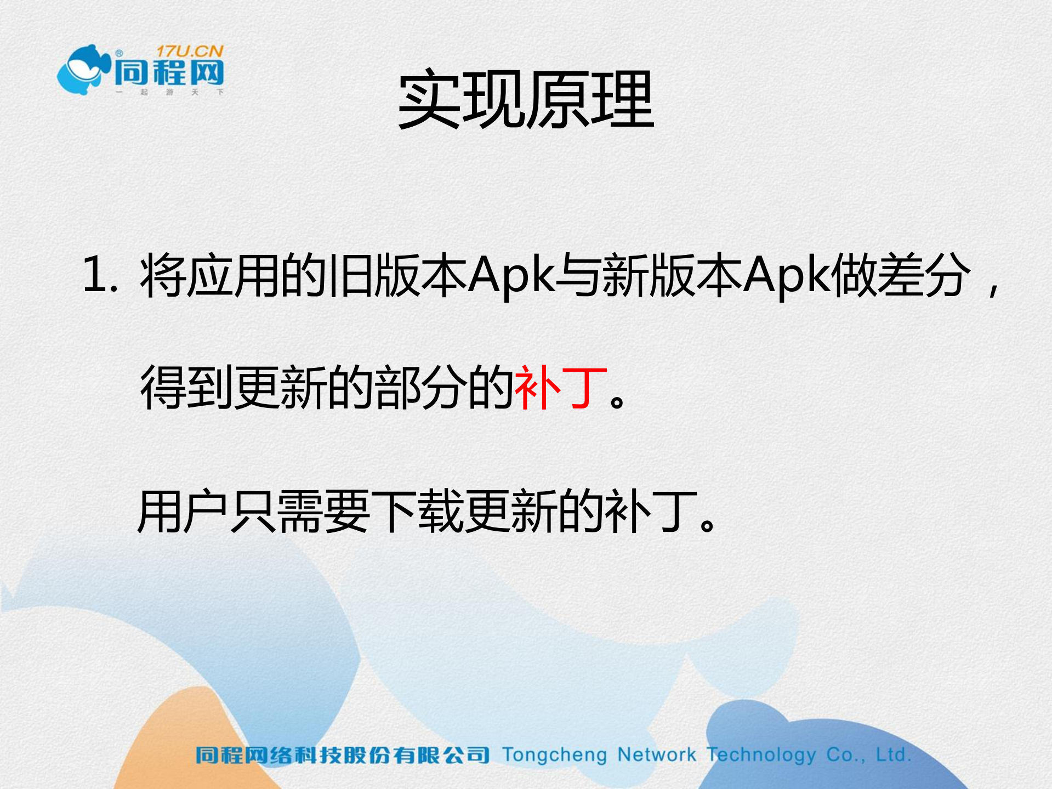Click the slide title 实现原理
pos(526,100)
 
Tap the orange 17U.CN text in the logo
pos(190,52)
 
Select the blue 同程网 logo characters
pos(169,73)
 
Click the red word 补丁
pos(561,388)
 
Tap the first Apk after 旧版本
pos(511,275)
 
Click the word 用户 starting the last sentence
pos(183,512)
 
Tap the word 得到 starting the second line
pos(187,388)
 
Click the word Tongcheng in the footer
pos(554,756)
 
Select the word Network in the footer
pos(657,755)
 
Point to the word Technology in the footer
pos(761,756)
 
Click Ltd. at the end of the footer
pos(893,755)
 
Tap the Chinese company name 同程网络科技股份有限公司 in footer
pos(342,756)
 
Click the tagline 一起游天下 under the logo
pos(169,92)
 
